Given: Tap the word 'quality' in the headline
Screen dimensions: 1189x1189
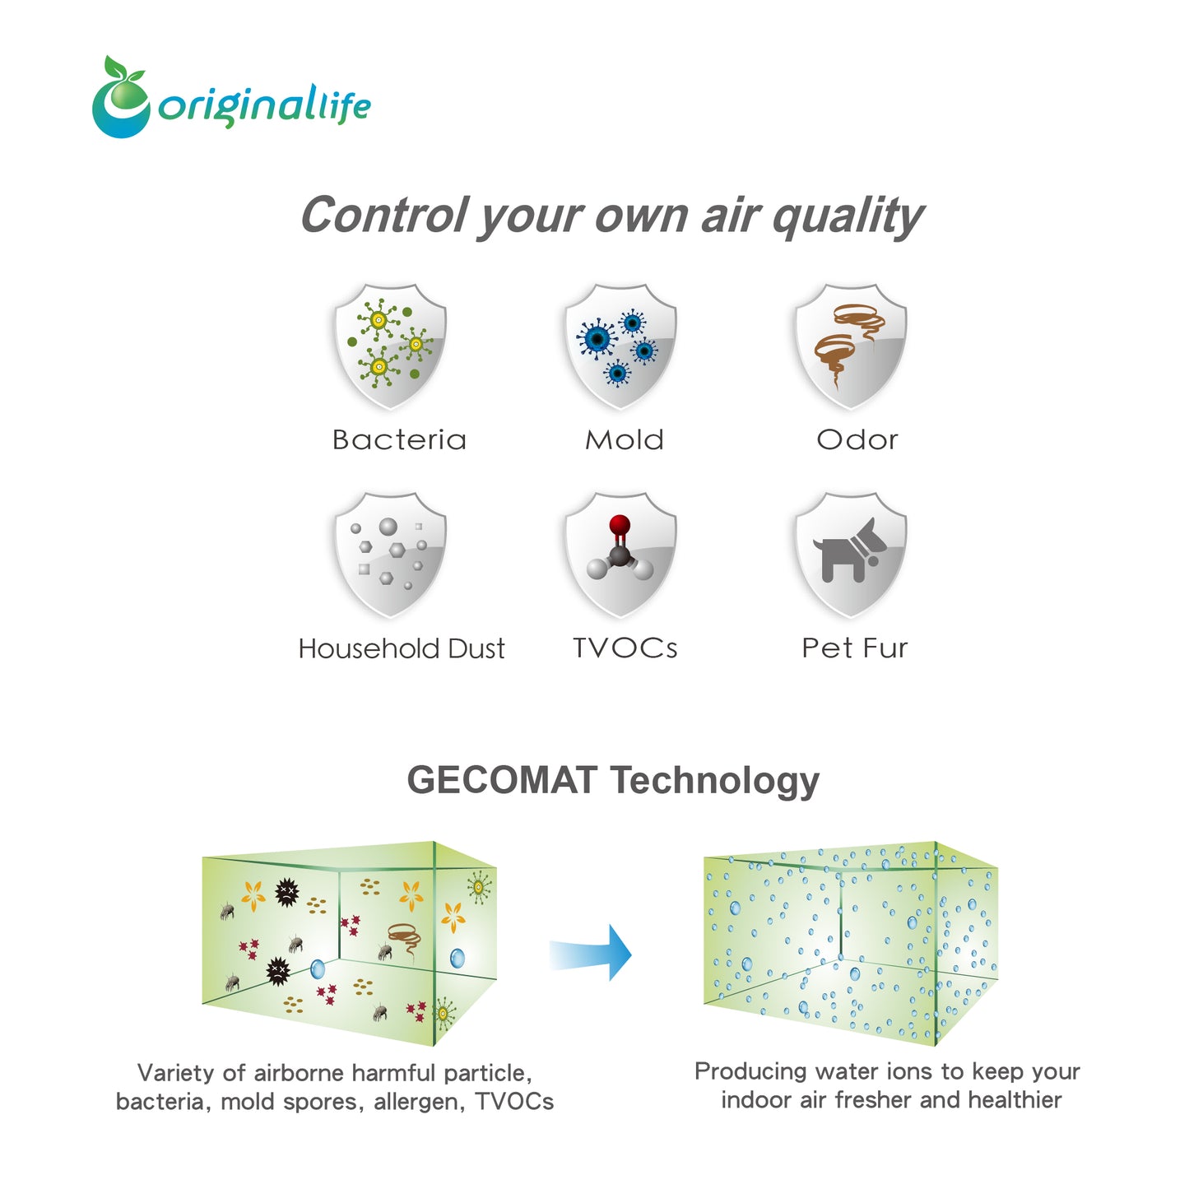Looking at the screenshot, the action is coord(848,217).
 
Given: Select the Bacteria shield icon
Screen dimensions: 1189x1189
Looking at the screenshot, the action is coord(390,346).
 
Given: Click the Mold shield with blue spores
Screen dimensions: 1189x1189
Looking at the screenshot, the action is coord(620,346).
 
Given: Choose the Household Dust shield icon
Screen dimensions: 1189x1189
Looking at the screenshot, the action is coord(390,555).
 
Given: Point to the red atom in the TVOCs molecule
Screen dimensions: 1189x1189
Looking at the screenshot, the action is coord(619,524).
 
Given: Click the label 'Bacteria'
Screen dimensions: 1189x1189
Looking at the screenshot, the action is coord(398,440).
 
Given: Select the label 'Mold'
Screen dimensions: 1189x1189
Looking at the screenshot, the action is coord(624,440).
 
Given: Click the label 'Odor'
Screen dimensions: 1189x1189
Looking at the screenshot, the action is coord(857,440).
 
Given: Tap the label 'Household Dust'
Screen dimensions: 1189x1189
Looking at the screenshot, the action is coord(401,648).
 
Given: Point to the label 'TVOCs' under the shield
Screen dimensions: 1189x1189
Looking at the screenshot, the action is coord(625,648).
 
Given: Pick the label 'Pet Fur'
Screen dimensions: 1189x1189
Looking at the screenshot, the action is coord(854,648).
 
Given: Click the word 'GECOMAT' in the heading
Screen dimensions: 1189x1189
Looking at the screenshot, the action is coord(502,780).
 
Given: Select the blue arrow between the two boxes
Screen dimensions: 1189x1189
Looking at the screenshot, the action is coord(590,952).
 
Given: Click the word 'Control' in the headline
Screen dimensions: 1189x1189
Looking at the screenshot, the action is coord(385,215).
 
